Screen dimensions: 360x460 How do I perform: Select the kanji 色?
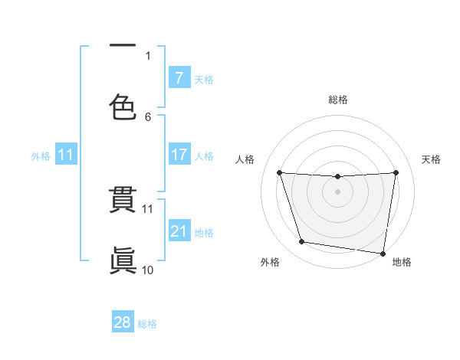coord(123,106)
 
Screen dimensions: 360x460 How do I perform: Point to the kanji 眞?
coord(123,258)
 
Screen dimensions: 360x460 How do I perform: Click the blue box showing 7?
coord(179,77)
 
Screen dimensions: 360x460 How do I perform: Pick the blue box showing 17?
coord(179,155)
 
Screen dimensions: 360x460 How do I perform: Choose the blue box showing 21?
coord(179,231)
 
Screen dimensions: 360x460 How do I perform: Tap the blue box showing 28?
coord(122,322)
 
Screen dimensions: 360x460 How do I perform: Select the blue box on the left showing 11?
coord(65,155)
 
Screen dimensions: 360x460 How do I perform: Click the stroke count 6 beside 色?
coord(148,117)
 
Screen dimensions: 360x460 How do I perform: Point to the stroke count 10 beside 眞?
coord(148,270)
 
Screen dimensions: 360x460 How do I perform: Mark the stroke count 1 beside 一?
coord(148,55)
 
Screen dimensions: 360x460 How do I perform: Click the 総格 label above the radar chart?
coord(338,100)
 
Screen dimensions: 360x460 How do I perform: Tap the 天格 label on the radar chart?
coord(431,159)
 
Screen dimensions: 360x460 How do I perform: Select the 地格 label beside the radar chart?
coord(402,262)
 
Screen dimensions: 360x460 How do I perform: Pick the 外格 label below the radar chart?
coord(270,262)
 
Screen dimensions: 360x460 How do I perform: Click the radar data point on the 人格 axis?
coord(280,173)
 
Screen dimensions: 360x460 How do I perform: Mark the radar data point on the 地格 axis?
coord(383,253)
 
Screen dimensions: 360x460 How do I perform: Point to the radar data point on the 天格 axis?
coord(396,173)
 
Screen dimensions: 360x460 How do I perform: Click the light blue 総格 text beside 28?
coord(147,324)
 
